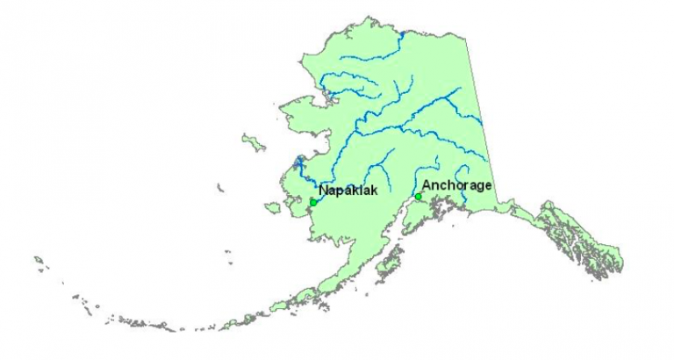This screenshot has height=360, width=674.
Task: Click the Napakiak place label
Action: [348, 191]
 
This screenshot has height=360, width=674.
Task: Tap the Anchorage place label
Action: [456, 185]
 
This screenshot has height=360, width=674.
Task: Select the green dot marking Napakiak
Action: [313, 202]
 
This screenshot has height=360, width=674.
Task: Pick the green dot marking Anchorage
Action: [419, 197]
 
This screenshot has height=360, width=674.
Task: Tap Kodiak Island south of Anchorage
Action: [387, 261]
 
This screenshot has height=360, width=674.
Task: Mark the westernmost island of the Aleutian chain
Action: [39, 260]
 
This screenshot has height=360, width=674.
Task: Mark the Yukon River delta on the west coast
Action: [298, 163]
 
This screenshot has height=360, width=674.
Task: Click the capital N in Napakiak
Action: [323, 191]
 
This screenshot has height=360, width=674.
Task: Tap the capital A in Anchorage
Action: [427, 185]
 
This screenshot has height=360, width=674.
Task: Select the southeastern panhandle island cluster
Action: [588, 246]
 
